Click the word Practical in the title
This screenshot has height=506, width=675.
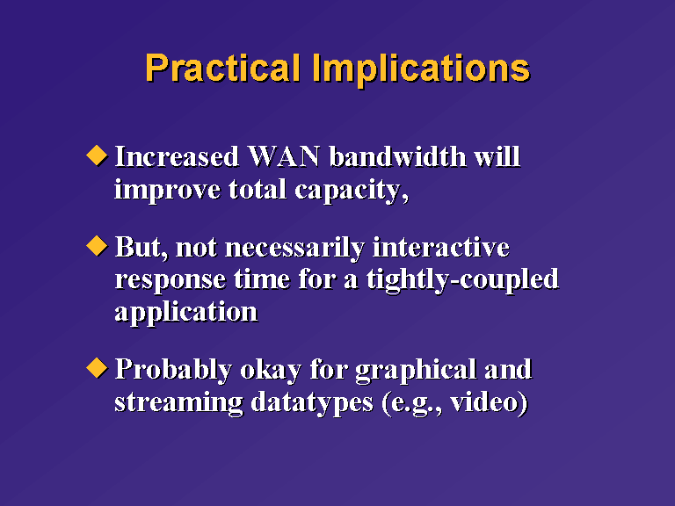pyautogui.click(x=222, y=68)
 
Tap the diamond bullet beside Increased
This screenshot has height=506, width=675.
pyautogui.click(x=97, y=155)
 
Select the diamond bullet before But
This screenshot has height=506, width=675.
pyautogui.click(x=97, y=246)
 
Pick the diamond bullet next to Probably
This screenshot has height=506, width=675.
pyautogui.click(x=97, y=368)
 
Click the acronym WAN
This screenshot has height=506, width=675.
pyautogui.click(x=284, y=156)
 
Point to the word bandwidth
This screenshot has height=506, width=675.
pyautogui.click(x=398, y=156)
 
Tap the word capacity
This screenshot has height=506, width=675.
pyautogui.click(x=349, y=191)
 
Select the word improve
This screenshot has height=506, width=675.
pyautogui.click(x=168, y=190)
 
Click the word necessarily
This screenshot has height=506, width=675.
pyautogui.click(x=295, y=249)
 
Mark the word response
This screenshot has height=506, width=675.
pyautogui.click(x=170, y=281)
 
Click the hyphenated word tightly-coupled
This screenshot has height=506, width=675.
pyautogui.click(x=463, y=280)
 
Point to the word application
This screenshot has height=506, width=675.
pyautogui.click(x=186, y=313)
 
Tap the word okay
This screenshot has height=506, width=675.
pyautogui.click(x=271, y=370)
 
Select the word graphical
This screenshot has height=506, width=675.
pyautogui.click(x=417, y=371)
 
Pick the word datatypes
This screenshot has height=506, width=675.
pyautogui.click(x=312, y=402)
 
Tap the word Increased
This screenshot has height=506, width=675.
pyautogui.click(x=177, y=156)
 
